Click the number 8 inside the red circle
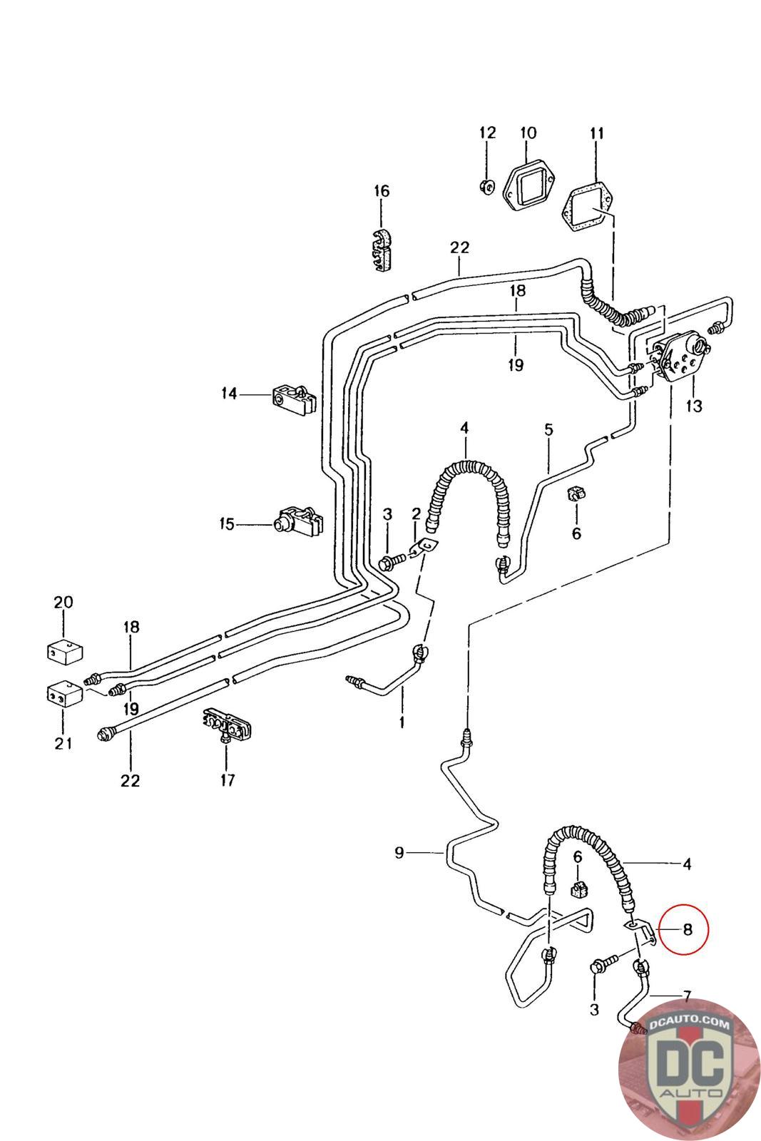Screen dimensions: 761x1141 [x=687, y=930]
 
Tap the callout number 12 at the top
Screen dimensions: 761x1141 [x=487, y=133]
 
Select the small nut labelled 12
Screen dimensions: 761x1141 [x=486, y=187]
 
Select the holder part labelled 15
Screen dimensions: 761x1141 [x=299, y=521]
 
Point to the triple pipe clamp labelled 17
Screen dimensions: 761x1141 [x=228, y=725]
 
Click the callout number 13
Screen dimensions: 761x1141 [x=694, y=406]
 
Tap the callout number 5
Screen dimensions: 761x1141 [x=548, y=429]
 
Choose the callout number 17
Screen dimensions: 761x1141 [x=228, y=780]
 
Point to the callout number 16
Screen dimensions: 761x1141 [x=381, y=191]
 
